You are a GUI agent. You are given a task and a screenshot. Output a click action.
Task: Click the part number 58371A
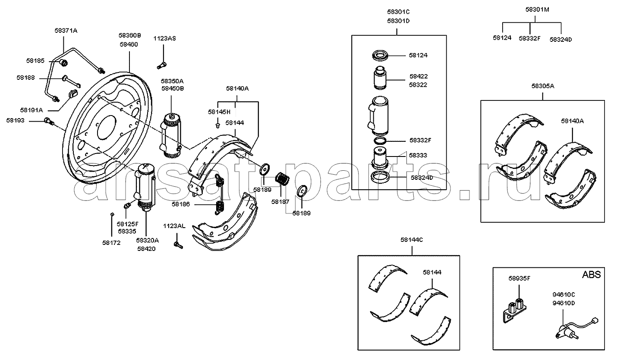coord(66,31)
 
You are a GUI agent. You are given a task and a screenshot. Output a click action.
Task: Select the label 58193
coord(16,121)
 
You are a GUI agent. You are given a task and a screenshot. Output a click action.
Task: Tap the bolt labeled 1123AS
coord(162,66)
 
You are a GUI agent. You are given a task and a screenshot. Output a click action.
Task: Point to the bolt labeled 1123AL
coord(178,245)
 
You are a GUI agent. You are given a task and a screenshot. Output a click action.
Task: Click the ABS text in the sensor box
coord(592,275)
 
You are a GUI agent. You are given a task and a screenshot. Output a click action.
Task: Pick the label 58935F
coord(519,278)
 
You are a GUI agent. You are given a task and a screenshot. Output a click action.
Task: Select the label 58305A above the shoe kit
coord(543,86)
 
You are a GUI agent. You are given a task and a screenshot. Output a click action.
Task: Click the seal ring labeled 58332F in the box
coord(380,141)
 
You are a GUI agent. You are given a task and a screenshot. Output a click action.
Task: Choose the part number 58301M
coord(537,9)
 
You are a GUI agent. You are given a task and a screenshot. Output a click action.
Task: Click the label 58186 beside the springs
coord(181,204)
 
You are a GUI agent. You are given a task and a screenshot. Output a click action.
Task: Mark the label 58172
coord(111,243)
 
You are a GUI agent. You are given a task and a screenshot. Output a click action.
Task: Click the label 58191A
coord(31,110)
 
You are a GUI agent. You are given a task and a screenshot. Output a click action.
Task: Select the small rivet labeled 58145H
coord(217,125)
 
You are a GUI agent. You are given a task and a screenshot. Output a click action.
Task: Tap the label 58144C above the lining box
coord(412,240)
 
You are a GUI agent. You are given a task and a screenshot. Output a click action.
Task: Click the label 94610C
coord(563,294)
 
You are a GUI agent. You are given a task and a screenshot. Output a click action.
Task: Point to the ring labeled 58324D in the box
coord(380,176)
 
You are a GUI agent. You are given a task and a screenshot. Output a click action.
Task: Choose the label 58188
coord(25,78)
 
